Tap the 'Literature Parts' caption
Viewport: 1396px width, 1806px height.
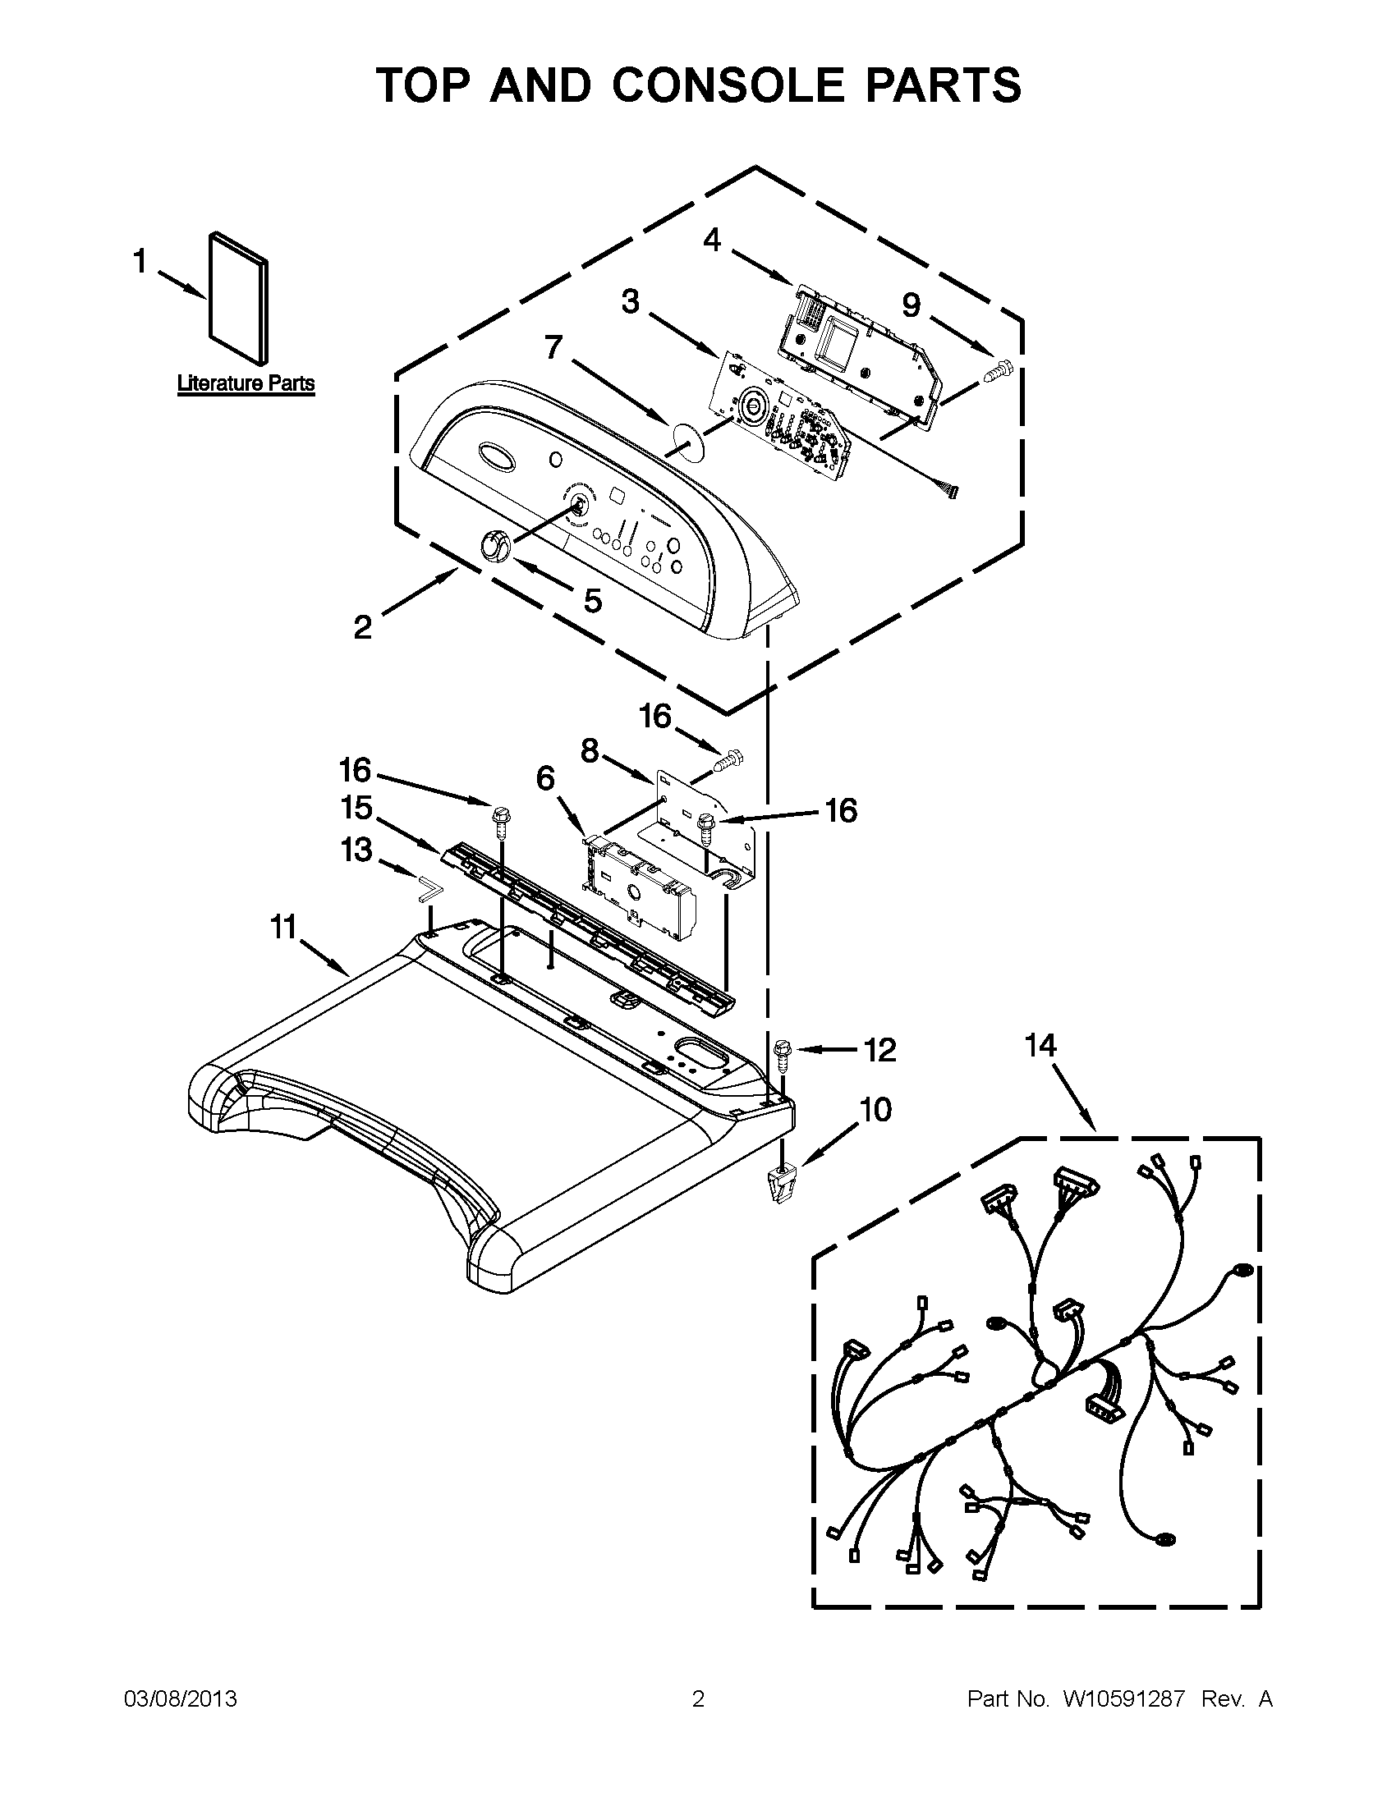pos(246,383)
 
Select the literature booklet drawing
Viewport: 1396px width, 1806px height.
pos(239,297)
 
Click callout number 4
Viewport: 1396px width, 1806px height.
pos(712,240)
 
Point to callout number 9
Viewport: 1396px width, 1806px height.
pos(911,305)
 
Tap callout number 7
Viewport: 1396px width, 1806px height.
pos(554,348)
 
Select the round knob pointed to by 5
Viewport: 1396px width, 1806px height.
pos(494,547)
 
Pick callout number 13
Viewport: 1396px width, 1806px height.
pos(356,850)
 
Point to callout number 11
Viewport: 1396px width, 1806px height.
pos(283,928)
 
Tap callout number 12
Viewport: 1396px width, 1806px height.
pos(880,1050)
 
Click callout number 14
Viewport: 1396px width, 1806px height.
pos(1041,1046)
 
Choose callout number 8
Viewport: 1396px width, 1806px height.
pos(589,751)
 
